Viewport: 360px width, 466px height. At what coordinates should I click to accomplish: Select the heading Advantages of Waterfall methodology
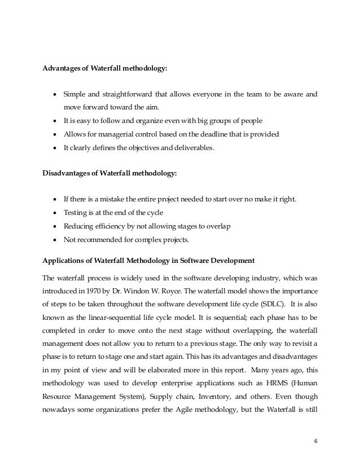tap(105, 70)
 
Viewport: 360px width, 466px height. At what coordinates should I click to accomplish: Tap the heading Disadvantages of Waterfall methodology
tap(110, 173)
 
